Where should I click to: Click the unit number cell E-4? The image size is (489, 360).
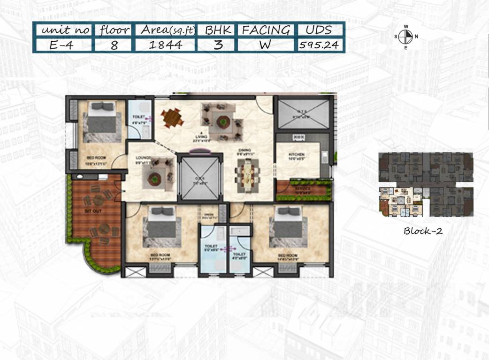coord(63,45)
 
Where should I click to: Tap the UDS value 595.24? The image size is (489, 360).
coord(319,45)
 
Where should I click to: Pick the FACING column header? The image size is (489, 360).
coord(265,30)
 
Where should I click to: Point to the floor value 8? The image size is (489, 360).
coord(115,45)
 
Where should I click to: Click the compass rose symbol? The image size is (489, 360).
coord(405,36)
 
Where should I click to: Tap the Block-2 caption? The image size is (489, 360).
coord(423,231)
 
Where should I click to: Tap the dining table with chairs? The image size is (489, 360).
coord(247,175)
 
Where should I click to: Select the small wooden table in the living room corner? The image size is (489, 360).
coord(172,118)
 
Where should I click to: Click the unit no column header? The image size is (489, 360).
coord(63,30)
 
